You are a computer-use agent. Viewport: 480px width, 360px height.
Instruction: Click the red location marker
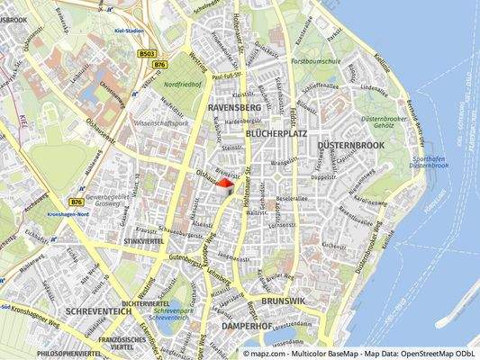point(226,184)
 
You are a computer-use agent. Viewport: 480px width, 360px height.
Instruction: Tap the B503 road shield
point(149,53)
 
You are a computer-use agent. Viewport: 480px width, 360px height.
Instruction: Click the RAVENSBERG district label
point(233,108)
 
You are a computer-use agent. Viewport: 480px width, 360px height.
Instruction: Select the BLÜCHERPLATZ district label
point(270,132)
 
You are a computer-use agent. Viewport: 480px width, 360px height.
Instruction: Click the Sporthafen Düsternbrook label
point(429,161)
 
